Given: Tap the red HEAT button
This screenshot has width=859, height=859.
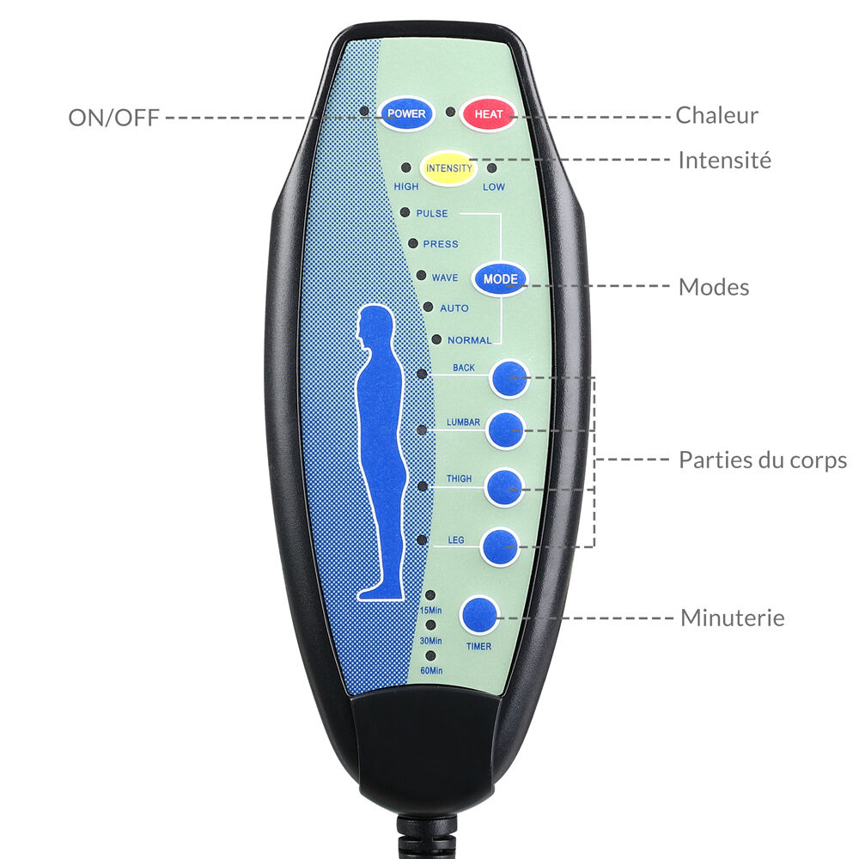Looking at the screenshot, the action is tap(488, 114).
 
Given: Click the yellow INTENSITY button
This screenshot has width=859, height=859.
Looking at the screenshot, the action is tap(448, 168).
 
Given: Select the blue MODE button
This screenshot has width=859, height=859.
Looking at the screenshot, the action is tap(500, 279).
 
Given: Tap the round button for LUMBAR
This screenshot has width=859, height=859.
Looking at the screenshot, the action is tap(506, 430).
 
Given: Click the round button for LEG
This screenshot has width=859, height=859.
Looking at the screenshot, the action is tap(500, 546).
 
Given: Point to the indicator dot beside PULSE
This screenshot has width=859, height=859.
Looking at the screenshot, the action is tap(405, 212).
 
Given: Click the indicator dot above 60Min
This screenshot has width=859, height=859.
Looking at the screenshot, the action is tap(430, 655).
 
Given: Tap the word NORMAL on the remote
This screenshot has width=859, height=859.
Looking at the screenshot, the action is tap(470, 340).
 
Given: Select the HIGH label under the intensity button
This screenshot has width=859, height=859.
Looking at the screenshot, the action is tap(406, 186).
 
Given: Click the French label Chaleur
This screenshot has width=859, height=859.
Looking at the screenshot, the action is tap(716, 115).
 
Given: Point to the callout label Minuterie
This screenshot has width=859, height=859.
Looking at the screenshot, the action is tap(733, 618).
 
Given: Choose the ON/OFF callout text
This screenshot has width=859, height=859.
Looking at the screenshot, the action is tap(113, 118).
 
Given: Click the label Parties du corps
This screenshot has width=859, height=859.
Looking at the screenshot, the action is tap(763, 460).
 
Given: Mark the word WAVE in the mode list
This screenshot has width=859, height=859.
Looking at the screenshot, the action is tap(445, 277).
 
